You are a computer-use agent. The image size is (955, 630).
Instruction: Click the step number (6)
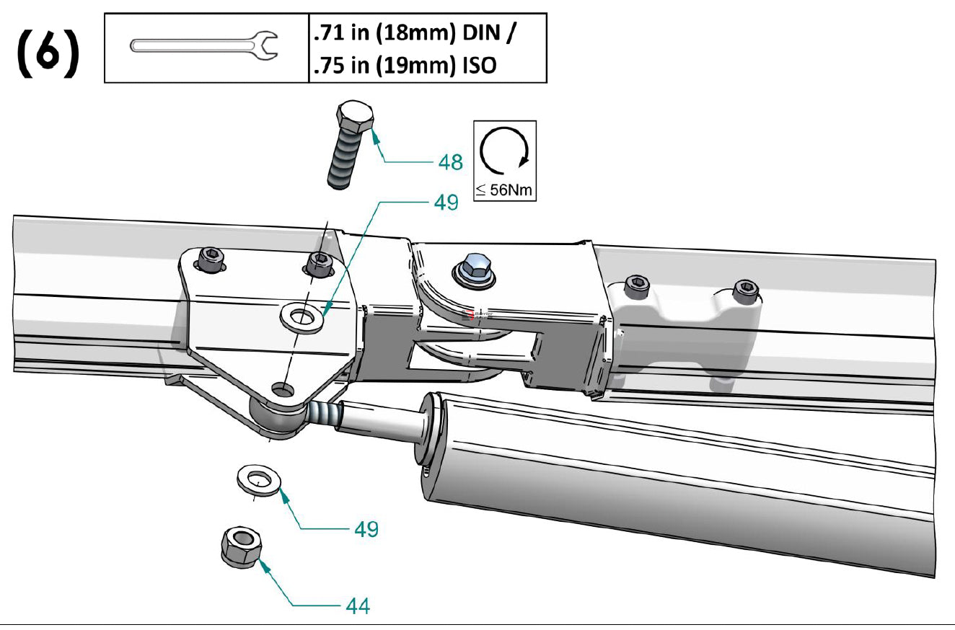(48, 53)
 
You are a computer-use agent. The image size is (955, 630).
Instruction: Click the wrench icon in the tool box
(204, 46)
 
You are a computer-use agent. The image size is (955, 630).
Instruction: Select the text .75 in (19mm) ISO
(405, 65)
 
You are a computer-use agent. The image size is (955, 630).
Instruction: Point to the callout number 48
(450, 161)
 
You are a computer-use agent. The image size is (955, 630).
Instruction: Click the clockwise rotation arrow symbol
(505, 152)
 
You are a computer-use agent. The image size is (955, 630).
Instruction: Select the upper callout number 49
(446, 203)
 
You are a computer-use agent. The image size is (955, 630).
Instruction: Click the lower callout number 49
(366, 529)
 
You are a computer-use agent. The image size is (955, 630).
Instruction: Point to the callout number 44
(357, 605)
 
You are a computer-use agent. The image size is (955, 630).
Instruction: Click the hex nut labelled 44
(240, 547)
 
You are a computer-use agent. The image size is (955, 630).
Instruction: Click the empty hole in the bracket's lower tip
(282, 389)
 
